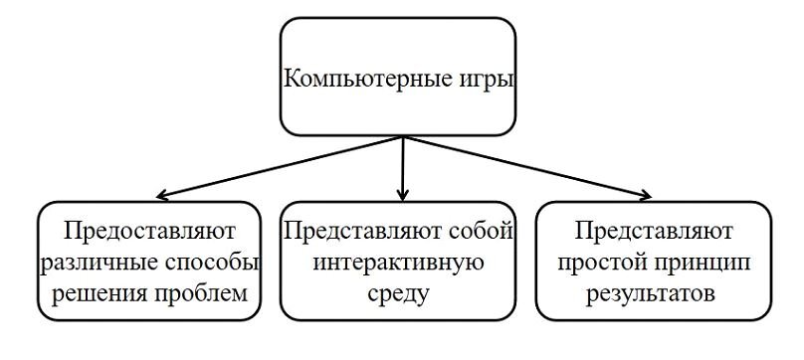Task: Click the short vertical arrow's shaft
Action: coord(401,164)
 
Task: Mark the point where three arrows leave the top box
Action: coord(401,136)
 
